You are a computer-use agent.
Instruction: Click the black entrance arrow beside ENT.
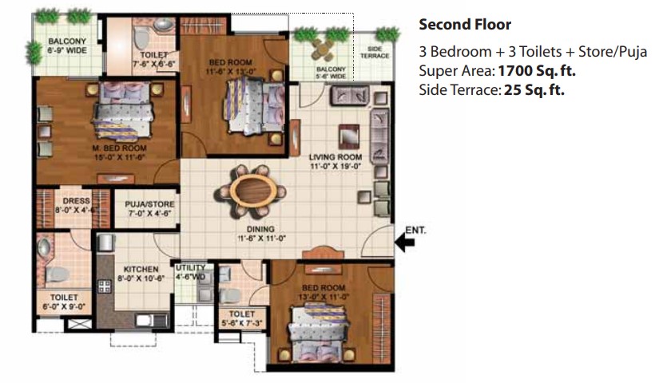coord(405,243)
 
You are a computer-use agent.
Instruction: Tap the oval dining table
coord(256,190)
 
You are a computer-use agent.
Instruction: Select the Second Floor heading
coord(465,25)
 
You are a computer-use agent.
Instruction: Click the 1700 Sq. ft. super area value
coord(537,71)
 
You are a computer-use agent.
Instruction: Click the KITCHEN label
coord(141,269)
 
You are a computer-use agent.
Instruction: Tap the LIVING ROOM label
coord(335,157)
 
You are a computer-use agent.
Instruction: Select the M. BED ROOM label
coord(119,148)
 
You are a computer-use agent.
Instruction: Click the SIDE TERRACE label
coord(375,52)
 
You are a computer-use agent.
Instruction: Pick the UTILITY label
coord(191,267)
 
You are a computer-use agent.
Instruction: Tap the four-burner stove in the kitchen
coord(104,286)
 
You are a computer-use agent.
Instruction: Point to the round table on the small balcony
coord(323,50)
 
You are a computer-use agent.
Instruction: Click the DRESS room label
coord(77,201)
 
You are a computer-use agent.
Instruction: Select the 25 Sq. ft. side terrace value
coord(534,90)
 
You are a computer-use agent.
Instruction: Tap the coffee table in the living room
coord(349,136)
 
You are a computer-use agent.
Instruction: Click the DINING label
coord(260,229)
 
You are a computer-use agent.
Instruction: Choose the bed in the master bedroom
coord(123,110)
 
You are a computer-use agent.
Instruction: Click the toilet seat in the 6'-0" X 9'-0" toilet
coord(57,274)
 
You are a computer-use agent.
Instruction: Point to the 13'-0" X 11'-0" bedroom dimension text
coord(324,297)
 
